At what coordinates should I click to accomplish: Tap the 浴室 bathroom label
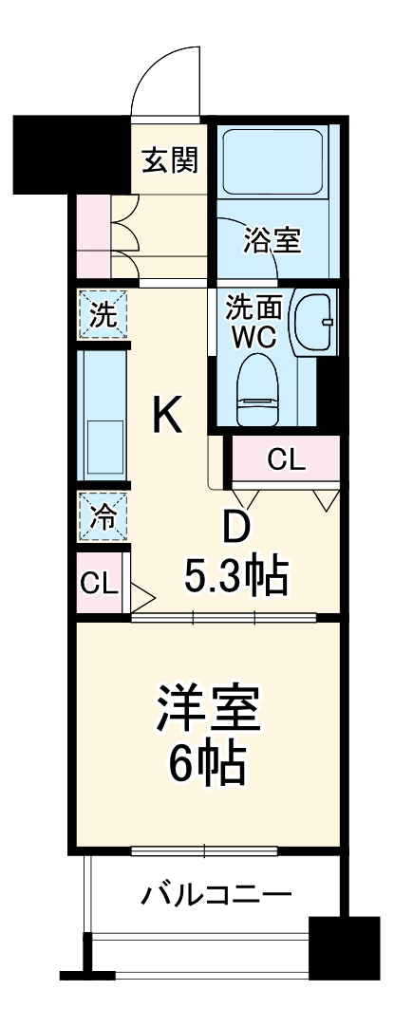[272, 241]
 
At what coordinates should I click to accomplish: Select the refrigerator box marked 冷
[101, 517]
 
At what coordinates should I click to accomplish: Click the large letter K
[168, 414]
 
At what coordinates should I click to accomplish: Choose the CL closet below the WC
[285, 461]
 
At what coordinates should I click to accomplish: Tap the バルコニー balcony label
[217, 894]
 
